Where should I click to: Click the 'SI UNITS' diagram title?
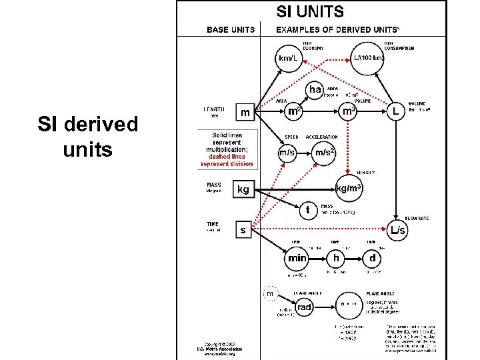pos(311,11)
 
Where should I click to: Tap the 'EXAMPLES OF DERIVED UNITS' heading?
pos(337,29)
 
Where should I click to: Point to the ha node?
pos(314,89)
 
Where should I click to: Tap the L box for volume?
pos(396,111)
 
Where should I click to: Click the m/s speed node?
pos(287,153)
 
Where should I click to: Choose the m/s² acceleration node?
pos(325,153)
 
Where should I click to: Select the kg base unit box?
pos(243,190)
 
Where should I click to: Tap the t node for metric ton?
pos(307,209)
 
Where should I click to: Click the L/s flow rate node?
pos(397,231)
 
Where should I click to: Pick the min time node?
pos(297,257)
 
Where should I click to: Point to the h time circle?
pos(337,257)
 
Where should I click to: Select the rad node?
pos(304,307)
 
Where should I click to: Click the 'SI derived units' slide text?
pos(87,137)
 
